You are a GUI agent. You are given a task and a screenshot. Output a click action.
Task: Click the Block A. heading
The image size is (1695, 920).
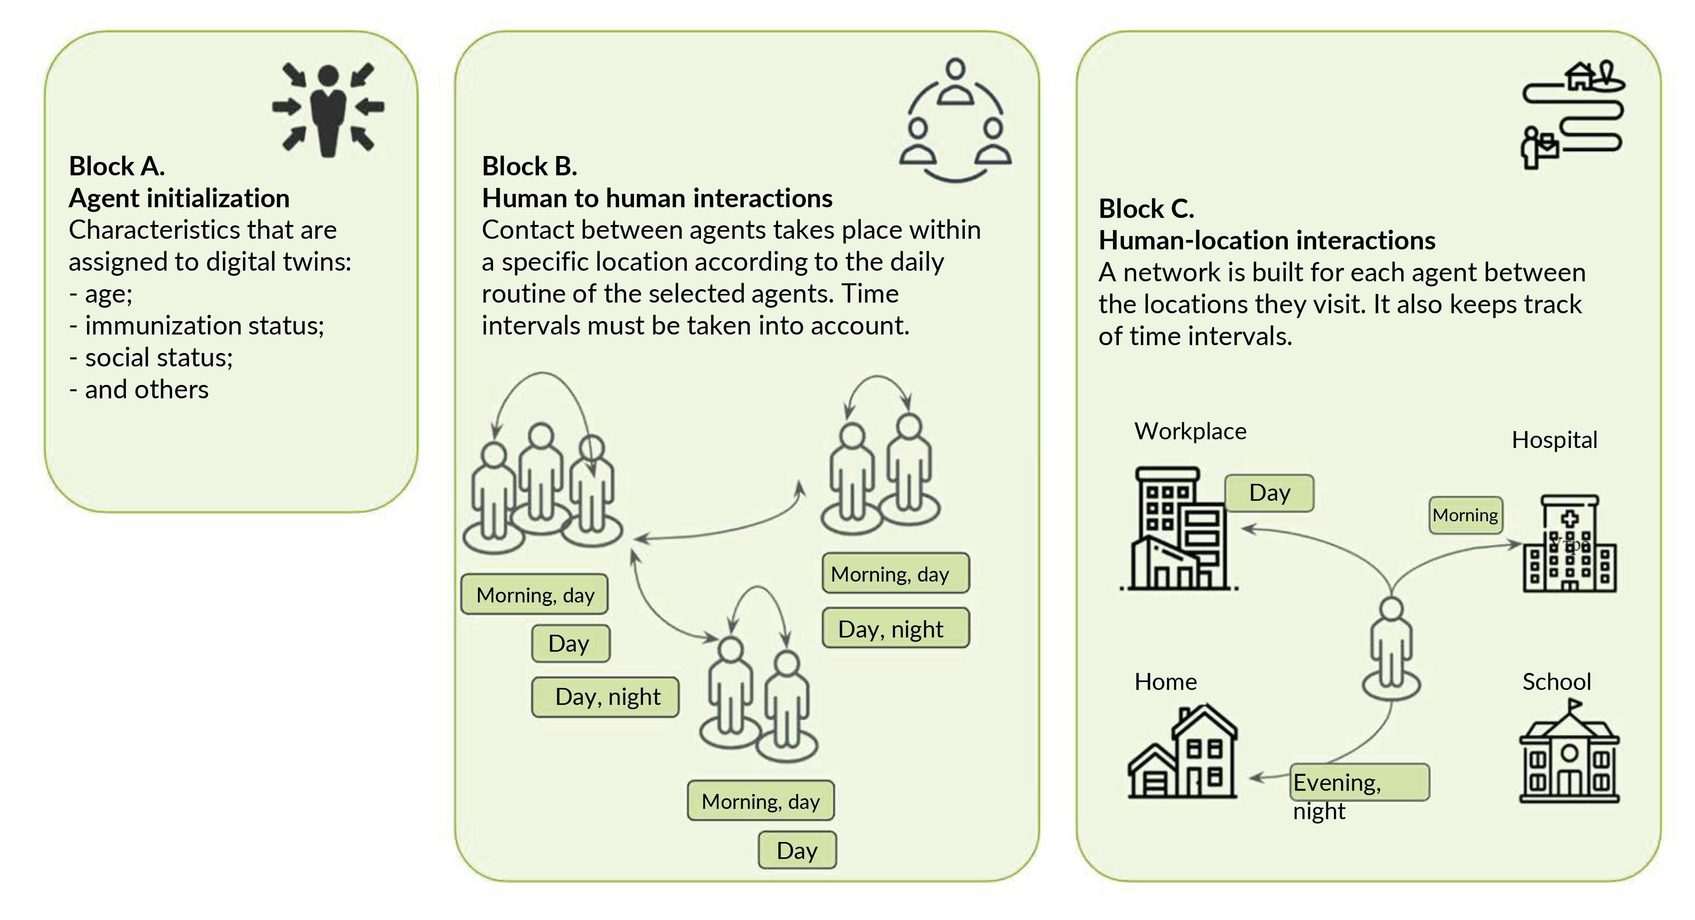(117, 167)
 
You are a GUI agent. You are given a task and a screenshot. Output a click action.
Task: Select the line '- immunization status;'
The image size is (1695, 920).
(197, 326)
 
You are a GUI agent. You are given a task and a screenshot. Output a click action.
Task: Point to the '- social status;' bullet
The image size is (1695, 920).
(151, 357)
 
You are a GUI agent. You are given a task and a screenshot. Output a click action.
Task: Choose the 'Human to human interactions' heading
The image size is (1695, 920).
(656, 198)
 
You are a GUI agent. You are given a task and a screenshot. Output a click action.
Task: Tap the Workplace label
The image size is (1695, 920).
(1190, 431)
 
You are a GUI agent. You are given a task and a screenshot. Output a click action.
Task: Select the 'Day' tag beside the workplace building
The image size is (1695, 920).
(1269, 493)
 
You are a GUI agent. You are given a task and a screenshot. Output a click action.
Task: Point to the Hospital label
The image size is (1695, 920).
(1554, 440)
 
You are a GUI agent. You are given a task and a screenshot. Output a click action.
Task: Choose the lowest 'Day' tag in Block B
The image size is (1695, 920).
(797, 850)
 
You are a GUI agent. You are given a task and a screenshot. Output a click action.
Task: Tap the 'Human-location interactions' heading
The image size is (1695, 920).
(1267, 240)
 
